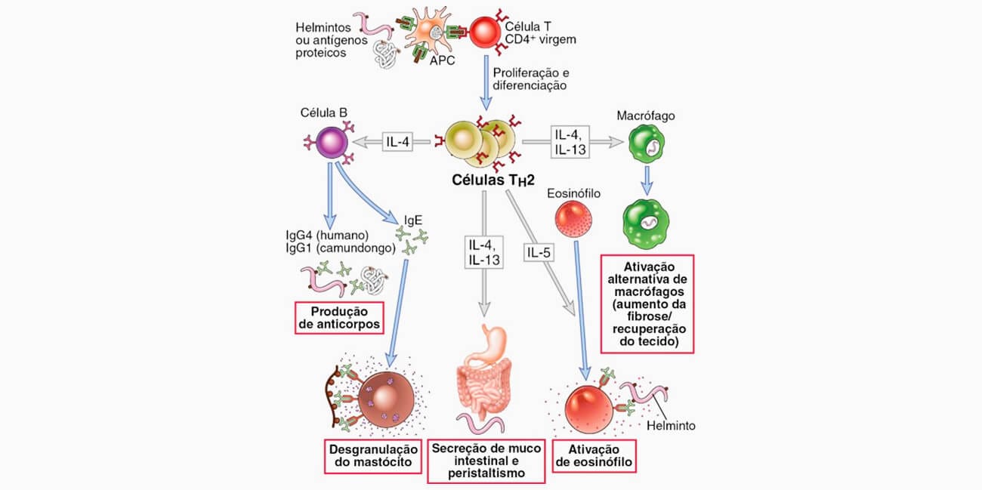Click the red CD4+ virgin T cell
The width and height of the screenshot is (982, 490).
pos(485,32)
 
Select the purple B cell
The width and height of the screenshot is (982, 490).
pos(332,143)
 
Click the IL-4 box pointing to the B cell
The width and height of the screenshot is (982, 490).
pos(397,142)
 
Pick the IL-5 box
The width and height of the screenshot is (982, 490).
pos(539,252)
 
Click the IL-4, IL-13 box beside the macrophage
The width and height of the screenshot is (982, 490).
pos(570,142)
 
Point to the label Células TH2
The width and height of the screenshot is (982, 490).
pos(493,180)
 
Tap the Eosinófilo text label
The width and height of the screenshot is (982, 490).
pos(573,193)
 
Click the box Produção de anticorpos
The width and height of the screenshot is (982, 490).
pos(339,318)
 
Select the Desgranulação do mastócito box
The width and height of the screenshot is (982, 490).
pos(373,456)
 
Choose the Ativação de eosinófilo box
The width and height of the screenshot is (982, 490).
pos(594,456)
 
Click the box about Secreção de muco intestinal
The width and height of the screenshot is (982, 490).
pos(486,461)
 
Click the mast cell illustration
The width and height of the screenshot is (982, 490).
pos(386,399)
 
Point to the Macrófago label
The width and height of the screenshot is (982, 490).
pos(646,116)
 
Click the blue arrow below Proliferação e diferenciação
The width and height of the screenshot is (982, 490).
pos(486,83)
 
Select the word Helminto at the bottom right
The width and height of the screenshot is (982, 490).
pos(671,426)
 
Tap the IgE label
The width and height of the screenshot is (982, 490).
pos(413,220)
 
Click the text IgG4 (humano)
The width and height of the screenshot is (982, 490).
pos(327,236)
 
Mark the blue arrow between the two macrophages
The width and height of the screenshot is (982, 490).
pos(647,180)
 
